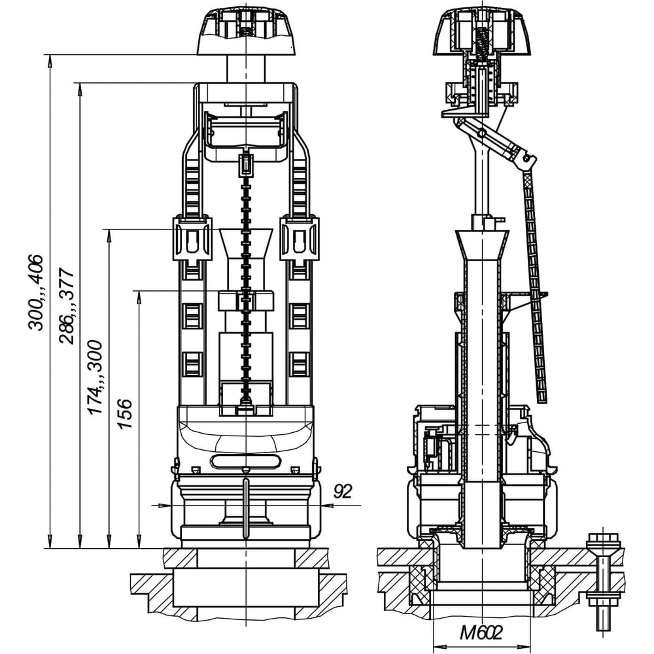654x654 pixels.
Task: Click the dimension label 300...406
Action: click(x=36, y=292)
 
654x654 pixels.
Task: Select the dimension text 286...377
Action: click(x=67, y=305)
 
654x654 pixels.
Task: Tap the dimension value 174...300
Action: click(x=95, y=377)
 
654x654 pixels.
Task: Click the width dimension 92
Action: click(x=343, y=491)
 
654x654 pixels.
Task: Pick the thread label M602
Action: click(x=481, y=632)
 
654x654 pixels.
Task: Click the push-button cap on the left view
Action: click(x=246, y=33)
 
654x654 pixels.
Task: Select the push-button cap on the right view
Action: click(x=482, y=33)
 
